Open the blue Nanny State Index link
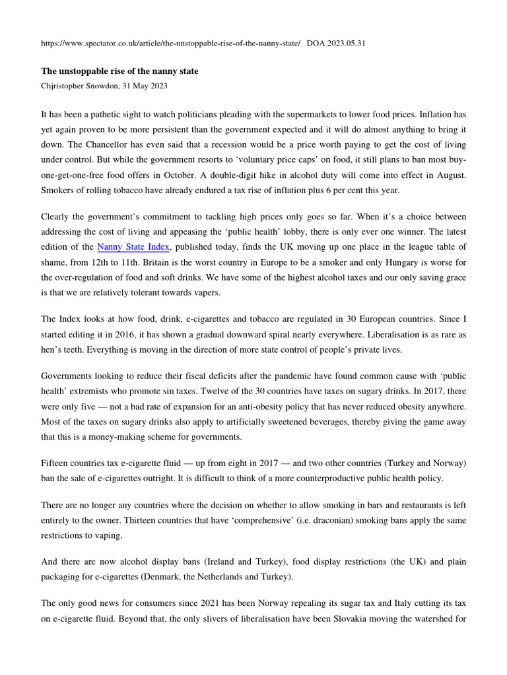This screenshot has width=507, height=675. pyautogui.click(x=134, y=247)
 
